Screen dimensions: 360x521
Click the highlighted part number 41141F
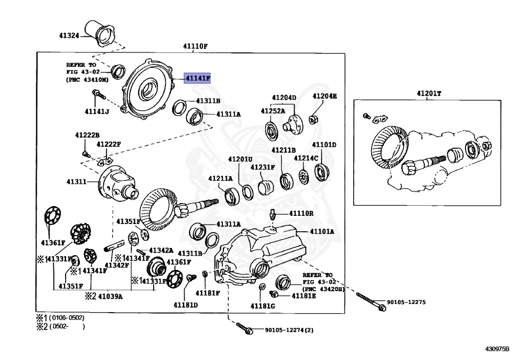pos(197,78)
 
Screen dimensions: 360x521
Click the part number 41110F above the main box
pos(195,46)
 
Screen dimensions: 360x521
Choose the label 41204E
pos(324,96)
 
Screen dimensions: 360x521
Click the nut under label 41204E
pos(314,119)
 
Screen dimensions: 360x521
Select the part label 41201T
pos(429,94)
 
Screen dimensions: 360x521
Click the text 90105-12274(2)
pos(289,329)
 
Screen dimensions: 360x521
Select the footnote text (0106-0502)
pos(67,318)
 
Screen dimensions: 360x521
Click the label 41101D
pos(324,145)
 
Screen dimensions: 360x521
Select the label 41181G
pos(262,306)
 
